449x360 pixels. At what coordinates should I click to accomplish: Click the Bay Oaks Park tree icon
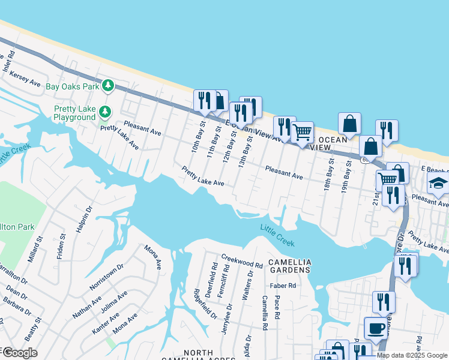coord(108,86)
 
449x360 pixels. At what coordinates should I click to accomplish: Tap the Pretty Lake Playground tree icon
coord(105,112)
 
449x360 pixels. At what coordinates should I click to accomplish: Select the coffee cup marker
coord(376,328)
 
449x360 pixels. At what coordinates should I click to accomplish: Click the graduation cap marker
coord(438,184)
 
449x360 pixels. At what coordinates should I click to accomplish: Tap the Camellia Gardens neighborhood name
coord(290,266)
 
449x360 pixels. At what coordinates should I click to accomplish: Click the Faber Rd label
coord(283,286)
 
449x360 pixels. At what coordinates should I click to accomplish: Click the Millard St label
coord(35,248)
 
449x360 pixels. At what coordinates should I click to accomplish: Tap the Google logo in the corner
coord(20,353)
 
